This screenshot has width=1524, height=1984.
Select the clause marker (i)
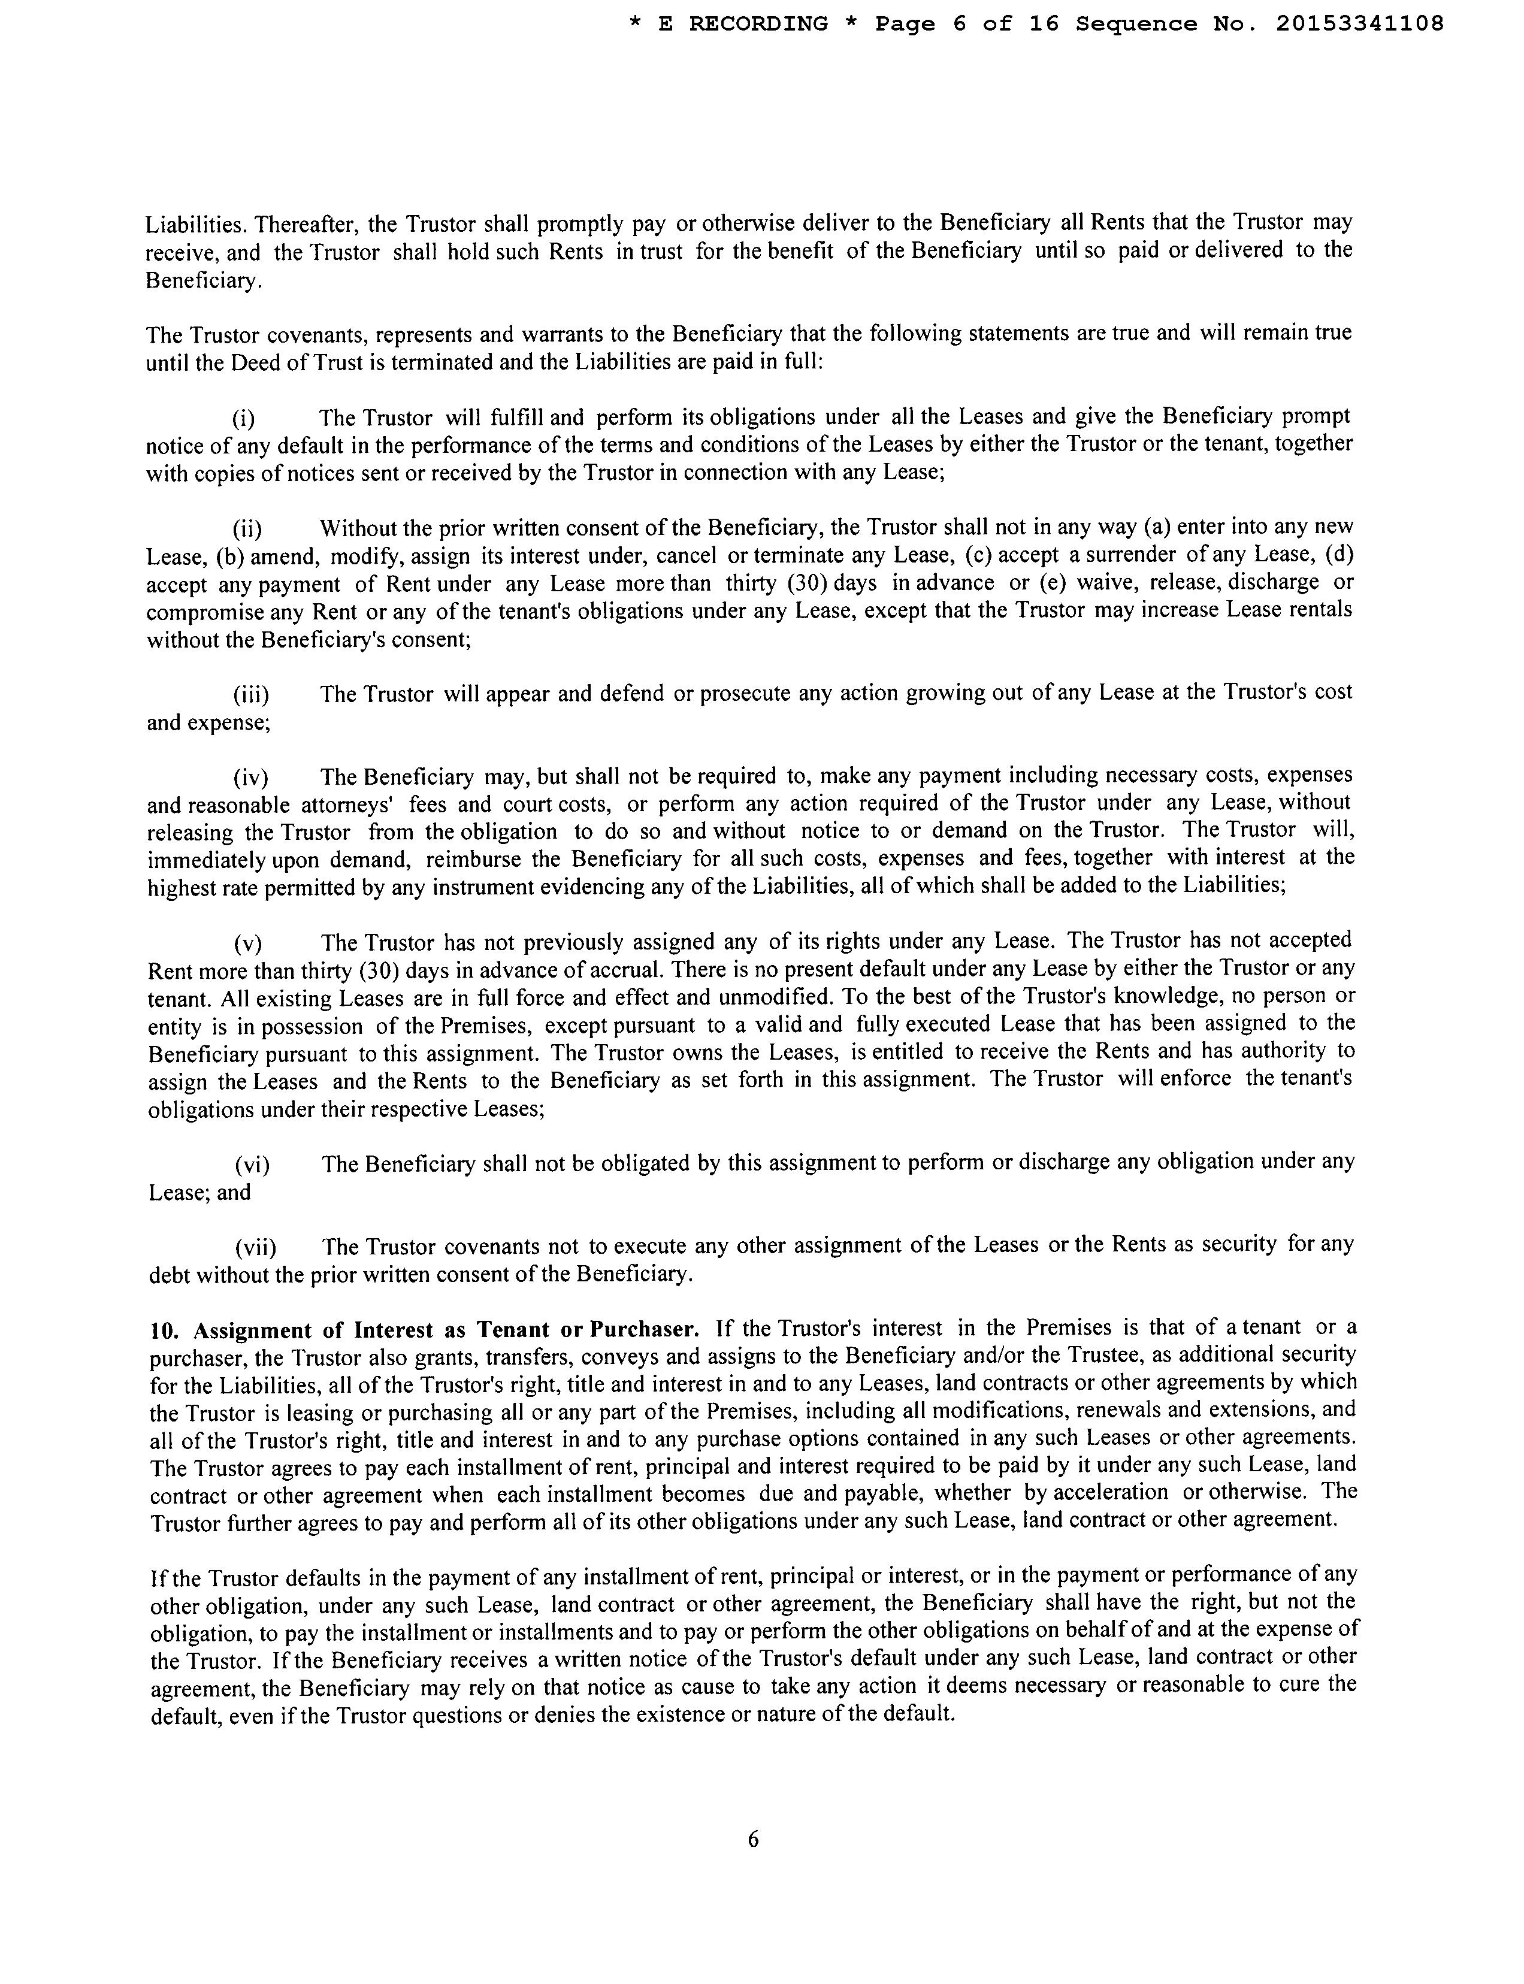pos(243,418)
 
